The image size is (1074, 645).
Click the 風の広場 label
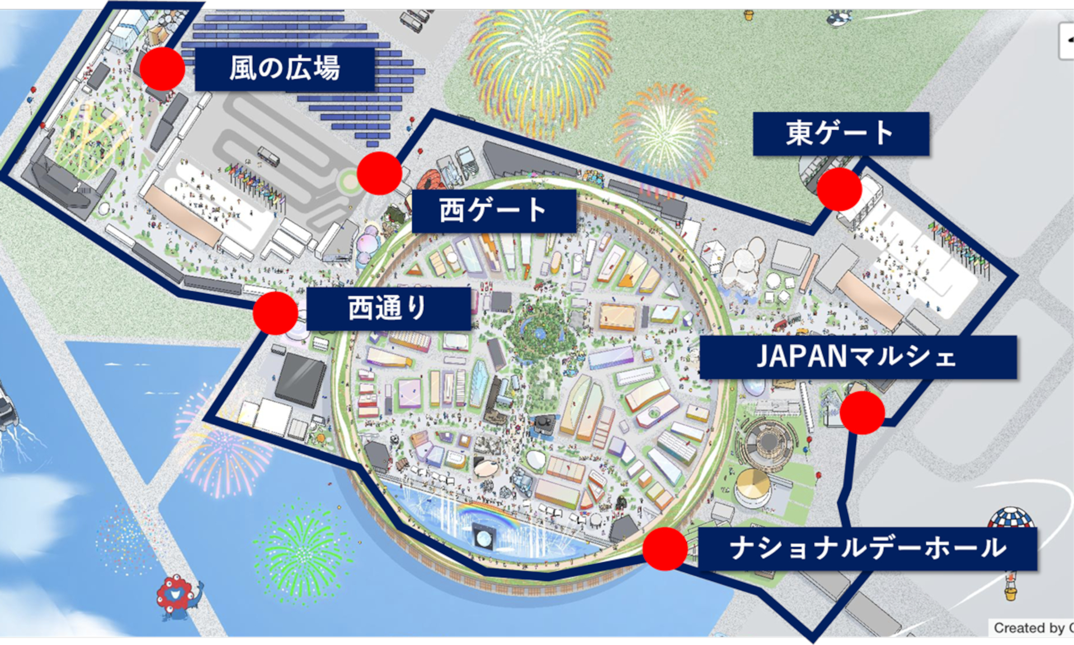(x=284, y=69)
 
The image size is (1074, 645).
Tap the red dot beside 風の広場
(x=162, y=69)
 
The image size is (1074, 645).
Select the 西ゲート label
(x=493, y=211)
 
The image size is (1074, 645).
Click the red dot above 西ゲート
(x=379, y=173)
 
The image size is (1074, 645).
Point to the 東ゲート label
(x=840, y=134)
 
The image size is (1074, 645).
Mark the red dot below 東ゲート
(x=839, y=189)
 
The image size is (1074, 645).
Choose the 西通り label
(x=388, y=309)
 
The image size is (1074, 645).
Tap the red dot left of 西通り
(x=275, y=313)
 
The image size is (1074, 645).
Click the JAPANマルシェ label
(x=857, y=357)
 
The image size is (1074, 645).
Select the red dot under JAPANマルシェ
(x=862, y=412)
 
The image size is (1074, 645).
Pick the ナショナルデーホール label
(x=868, y=548)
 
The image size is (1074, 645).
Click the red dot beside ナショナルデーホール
(x=665, y=548)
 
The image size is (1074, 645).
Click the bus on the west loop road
(x=268, y=156)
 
